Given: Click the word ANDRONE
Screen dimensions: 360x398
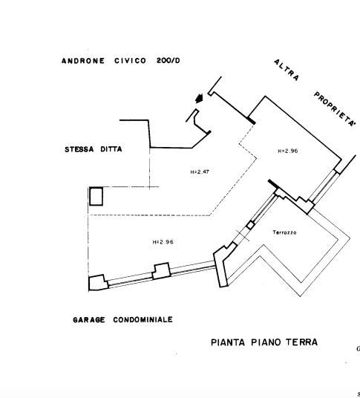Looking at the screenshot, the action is point(83,61).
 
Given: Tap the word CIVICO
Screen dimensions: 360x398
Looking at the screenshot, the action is point(130,61).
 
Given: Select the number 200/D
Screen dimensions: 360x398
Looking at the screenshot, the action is point(168,61).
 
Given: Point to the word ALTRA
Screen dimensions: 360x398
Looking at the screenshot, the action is point(287,70).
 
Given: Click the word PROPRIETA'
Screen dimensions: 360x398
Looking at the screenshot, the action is point(335,109).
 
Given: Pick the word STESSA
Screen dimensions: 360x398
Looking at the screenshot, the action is point(79,149).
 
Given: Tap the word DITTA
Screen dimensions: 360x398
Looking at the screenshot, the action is point(111,149).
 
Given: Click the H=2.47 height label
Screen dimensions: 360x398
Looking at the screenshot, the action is point(200,172).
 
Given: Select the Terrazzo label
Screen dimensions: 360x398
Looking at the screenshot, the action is point(284,232).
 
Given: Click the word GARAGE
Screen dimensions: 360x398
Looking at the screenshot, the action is point(89,320).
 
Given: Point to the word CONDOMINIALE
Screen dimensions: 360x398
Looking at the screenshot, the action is point(143,319).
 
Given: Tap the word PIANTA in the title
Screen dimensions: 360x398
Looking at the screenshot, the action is point(228,342).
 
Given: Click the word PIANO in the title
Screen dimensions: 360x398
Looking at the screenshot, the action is point(266,342).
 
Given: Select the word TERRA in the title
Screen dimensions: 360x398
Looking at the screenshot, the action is point(302,342).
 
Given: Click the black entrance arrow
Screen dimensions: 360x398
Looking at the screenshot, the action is point(200,98).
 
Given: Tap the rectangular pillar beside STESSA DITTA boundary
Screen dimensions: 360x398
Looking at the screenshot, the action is point(96,196).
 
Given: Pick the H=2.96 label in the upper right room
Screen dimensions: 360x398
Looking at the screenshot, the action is point(288,151).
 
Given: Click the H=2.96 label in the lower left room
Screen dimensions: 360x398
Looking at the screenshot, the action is point(163,242).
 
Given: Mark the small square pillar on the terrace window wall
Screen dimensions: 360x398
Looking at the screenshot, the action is point(251,225).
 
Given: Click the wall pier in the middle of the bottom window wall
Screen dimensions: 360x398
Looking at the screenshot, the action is point(161,271).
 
